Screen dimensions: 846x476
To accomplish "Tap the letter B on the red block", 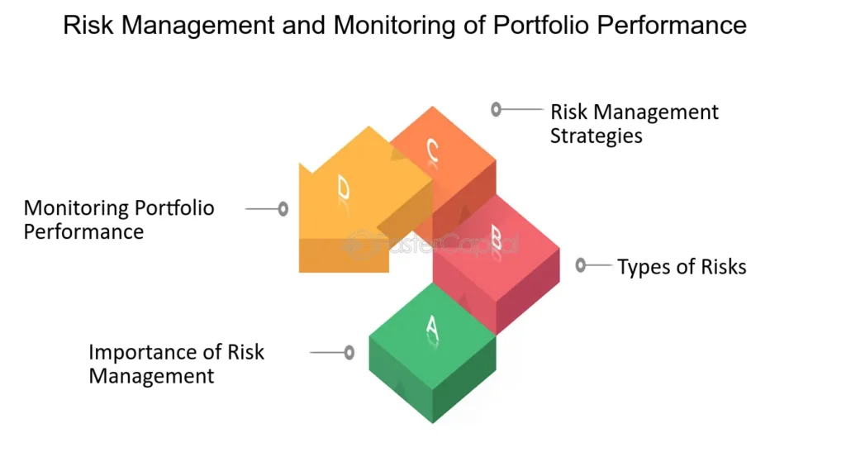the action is [497, 238].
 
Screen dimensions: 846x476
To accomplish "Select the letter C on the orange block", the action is [432, 150].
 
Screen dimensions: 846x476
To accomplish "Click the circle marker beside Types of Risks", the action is [581, 265].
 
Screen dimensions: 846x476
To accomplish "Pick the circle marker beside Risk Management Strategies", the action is [496, 110].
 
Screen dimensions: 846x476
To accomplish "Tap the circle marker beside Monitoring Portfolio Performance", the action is [283, 209].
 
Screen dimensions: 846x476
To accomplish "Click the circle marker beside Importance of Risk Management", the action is [349, 352].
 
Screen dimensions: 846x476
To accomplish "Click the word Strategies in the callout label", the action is [596, 136].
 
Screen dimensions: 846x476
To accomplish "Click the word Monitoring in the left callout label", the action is [75, 208].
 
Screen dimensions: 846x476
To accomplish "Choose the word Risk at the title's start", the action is [88, 25].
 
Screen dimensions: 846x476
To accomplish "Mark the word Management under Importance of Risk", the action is [151, 376].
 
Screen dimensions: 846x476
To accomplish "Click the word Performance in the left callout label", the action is [83, 232].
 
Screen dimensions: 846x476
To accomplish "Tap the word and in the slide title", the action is [304, 25].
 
